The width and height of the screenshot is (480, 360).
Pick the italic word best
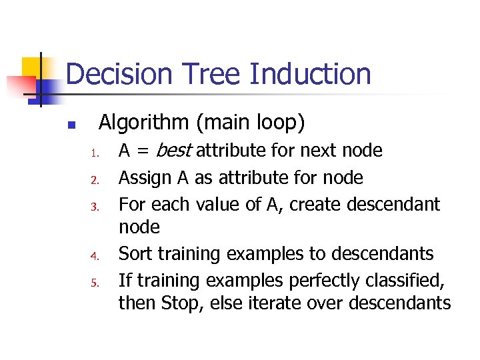(x=174, y=151)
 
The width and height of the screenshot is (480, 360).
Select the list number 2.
(x=95, y=179)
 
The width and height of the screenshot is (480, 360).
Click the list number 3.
(x=95, y=206)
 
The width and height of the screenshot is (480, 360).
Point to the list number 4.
(x=95, y=255)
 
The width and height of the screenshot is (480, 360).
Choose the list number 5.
(x=95, y=282)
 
